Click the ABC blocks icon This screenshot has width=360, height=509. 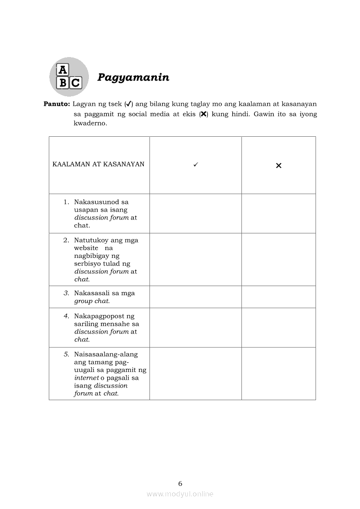click(69, 77)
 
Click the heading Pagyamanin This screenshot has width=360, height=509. click(133, 78)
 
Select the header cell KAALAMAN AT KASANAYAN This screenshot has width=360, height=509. click(98, 164)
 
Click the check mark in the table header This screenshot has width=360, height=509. click(196, 165)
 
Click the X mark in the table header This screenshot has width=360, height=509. click(278, 165)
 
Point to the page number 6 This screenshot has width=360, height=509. click(180, 483)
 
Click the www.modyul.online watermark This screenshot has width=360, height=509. click(180, 494)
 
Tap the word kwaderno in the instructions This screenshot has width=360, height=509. click(90, 123)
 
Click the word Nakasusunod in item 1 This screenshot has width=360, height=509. click(101, 202)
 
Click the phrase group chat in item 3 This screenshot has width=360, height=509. click(92, 301)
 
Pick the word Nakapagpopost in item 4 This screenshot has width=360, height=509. click(104, 316)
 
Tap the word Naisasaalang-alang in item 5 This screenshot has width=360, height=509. click(106, 354)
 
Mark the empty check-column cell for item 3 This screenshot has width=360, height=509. click(195, 297)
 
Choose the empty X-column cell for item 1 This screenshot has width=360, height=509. click(278, 213)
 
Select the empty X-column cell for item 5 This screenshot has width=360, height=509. click(278, 374)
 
